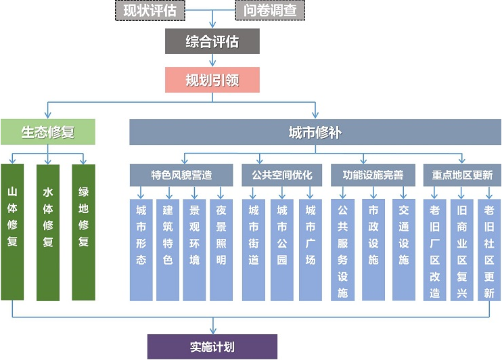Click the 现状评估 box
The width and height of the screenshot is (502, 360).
point(150,10)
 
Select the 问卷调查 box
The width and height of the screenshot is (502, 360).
point(269,10)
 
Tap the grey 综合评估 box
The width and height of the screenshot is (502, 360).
point(212,41)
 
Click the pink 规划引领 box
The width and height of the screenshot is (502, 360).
point(212,81)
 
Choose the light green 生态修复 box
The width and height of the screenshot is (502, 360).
point(47,132)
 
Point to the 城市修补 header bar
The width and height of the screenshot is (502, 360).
point(315,132)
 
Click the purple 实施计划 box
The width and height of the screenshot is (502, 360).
point(212,346)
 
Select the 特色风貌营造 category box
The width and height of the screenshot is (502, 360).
point(181,175)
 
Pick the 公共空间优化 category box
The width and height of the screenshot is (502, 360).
point(282,175)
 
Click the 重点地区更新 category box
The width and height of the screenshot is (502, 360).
point(462,175)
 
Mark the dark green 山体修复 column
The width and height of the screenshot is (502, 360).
point(12,230)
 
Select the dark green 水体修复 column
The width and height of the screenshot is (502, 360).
point(48,230)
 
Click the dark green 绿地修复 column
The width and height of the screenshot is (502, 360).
point(83,230)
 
